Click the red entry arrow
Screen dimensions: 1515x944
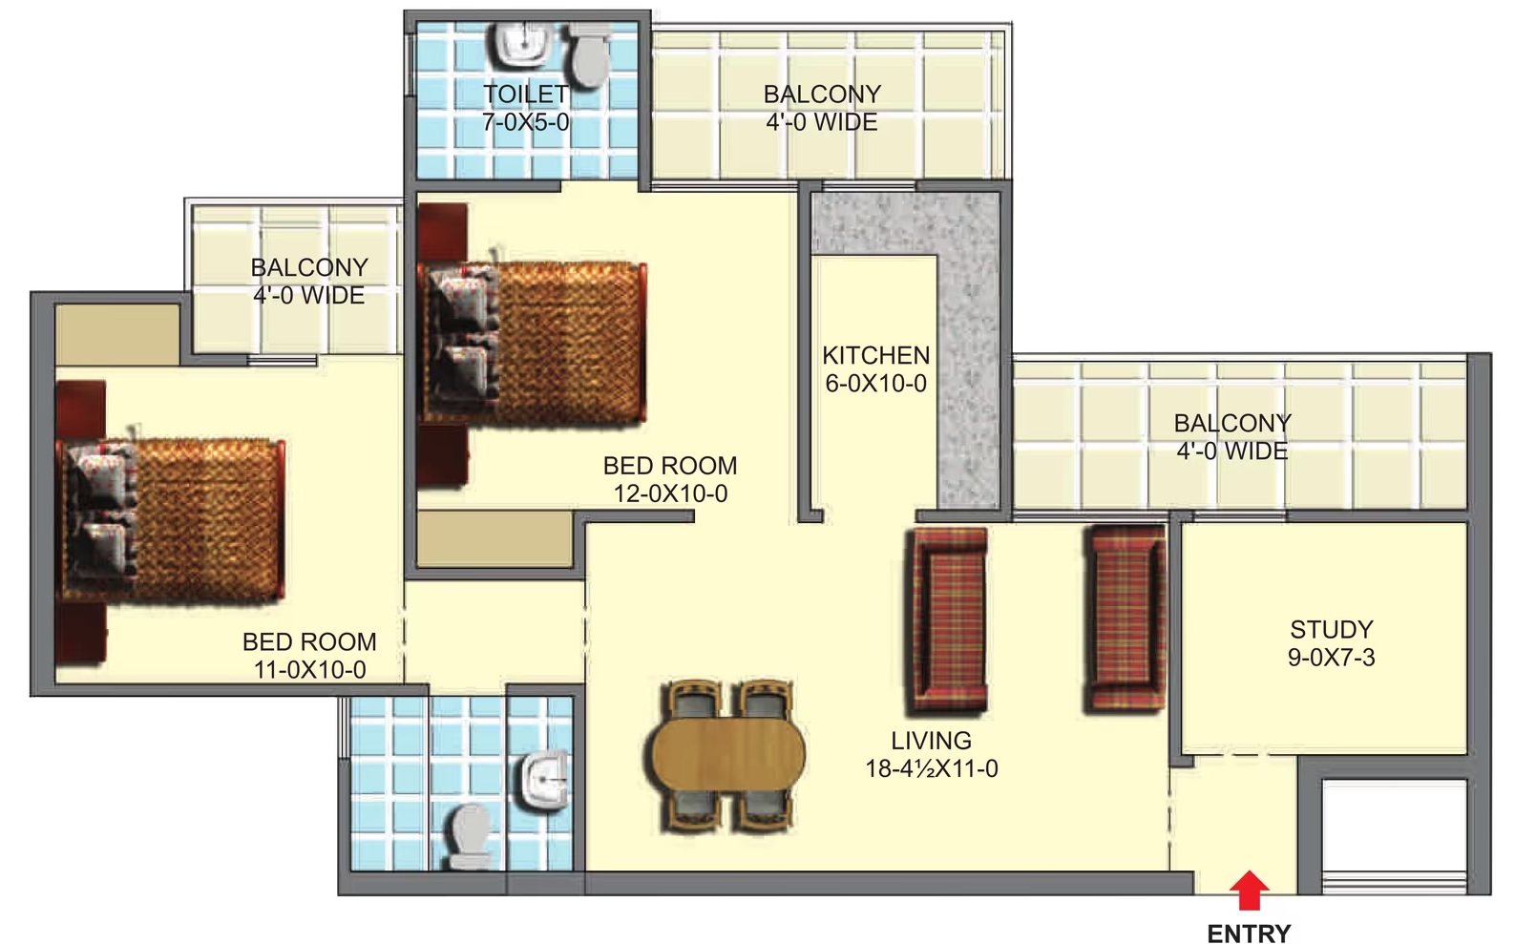click(x=1249, y=890)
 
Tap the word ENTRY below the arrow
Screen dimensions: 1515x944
click(x=1249, y=934)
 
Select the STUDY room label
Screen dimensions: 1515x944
click(x=1332, y=630)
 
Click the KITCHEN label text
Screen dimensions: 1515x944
click(x=875, y=355)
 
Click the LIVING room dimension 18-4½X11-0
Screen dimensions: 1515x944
click(x=932, y=769)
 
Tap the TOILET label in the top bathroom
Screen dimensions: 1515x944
click(x=525, y=94)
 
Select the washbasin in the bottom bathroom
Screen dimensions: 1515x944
click(x=545, y=781)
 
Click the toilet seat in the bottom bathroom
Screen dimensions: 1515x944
click(x=472, y=836)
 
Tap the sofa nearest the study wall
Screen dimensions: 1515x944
click(x=1125, y=619)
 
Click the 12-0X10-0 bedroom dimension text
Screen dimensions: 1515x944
click(x=670, y=493)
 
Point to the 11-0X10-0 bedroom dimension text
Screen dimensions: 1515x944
click(x=309, y=670)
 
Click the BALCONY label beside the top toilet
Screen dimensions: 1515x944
click(x=823, y=94)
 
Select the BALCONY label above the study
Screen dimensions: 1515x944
click(x=1232, y=423)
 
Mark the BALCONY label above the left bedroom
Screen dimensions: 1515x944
click(x=309, y=267)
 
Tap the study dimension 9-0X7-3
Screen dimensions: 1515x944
click(x=1331, y=658)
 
